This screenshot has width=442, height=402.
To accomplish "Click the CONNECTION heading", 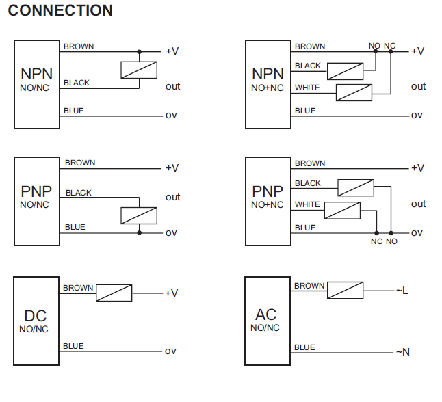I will (x=60, y=11).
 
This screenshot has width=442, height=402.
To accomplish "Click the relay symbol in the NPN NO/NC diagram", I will (x=139, y=70).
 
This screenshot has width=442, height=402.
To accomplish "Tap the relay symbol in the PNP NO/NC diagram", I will (x=139, y=215).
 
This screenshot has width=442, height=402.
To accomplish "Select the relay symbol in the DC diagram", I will (x=114, y=293).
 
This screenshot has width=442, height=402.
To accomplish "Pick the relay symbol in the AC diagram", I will (x=345, y=290).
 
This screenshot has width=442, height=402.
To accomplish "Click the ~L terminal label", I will (x=402, y=291).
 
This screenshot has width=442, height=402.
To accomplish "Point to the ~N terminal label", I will (x=402, y=352).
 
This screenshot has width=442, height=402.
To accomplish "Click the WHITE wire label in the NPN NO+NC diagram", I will (x=307, y=88).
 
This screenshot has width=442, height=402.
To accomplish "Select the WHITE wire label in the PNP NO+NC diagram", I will (x=307, y=204).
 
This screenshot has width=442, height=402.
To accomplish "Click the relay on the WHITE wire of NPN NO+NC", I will (x=354, y=92).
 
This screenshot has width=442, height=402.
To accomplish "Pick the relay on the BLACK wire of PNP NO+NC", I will (x=356, y=187).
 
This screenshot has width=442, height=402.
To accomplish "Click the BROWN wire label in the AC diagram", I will (x=309, y=286).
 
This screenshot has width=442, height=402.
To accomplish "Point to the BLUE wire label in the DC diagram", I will (x=73, y=346).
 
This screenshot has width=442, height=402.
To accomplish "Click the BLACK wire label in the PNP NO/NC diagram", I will (x=79, y=193).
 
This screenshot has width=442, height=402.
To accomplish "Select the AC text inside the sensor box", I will (x=265, y=314).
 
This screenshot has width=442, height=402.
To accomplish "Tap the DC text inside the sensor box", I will (x=35, y=316).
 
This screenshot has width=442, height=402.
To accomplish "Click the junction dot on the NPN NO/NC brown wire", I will (x=139, y=51).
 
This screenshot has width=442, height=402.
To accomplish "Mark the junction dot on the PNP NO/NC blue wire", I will (x=139, y=233).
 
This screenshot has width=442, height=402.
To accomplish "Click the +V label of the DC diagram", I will (x=171, y=293).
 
